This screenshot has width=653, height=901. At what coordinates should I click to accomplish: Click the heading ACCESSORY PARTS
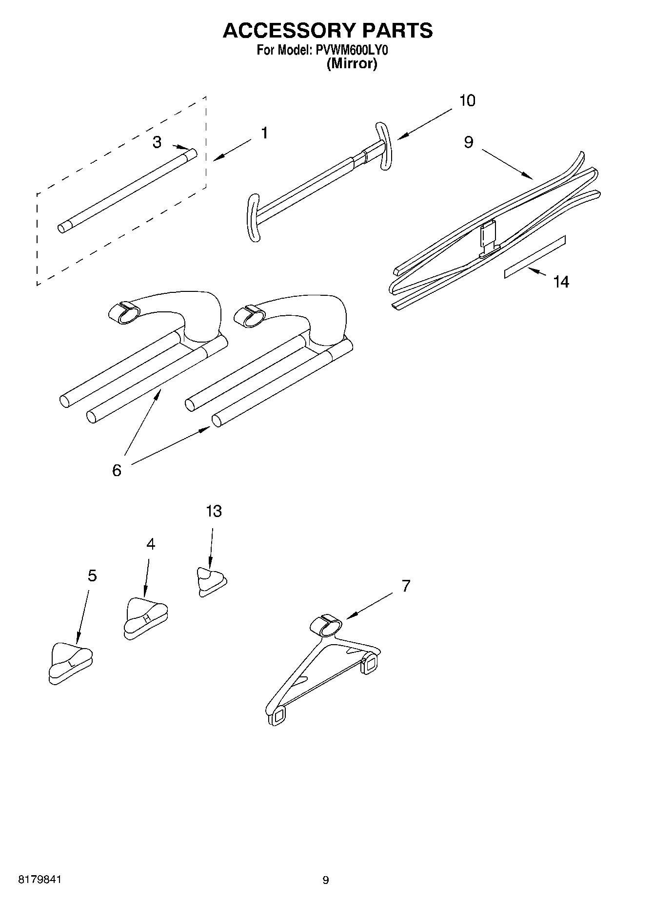pos(327,30)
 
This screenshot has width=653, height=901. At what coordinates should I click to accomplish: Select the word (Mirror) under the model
pos(351,64)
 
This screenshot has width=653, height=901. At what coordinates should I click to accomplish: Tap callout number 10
pos(467,101)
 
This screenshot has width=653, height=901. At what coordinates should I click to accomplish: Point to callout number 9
pos(468,142)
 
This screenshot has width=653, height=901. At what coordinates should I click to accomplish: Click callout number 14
pos(561,282)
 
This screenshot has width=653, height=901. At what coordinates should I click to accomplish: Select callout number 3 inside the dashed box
pos(157,142)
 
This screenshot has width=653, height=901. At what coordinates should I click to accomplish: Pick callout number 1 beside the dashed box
pos(264,133)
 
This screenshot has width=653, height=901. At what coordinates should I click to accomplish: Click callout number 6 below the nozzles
pos(117,470)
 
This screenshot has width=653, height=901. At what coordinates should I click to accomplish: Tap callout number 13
pos(214,511)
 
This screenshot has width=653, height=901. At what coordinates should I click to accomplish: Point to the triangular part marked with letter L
pos(70,663)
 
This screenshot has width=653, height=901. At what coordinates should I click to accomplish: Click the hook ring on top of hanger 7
pos(326,625)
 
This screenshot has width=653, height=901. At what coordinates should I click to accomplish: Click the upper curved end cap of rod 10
pos(383,146)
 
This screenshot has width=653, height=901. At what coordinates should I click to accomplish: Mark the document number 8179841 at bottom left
pos(40,880)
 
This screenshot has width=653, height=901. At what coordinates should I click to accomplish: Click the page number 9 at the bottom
pos(326,880)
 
